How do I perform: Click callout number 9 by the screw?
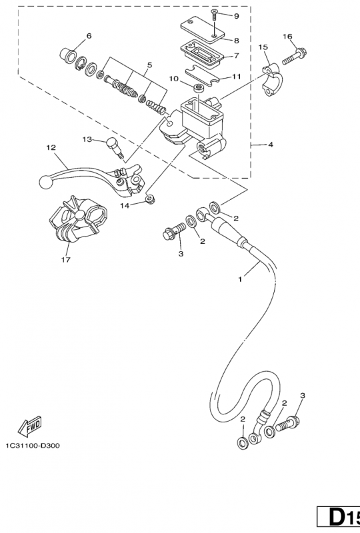pyautogui.click(x=235, y=15)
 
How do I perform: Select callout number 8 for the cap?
pyautogui.click(x=236, y=40)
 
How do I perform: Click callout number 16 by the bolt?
pyautogui.click(x=287, y=36)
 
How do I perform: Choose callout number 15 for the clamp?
pyautogui.click(x=263, y=47)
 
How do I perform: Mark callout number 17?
pyautogui.click(x=65, y=260)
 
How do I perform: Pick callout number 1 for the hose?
pyautogui.click(x=240, y=280)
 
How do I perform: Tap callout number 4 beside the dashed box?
pyautogui.click(x=269, y=144)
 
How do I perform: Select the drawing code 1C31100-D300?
pyautogui.click(x=31, y=446)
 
